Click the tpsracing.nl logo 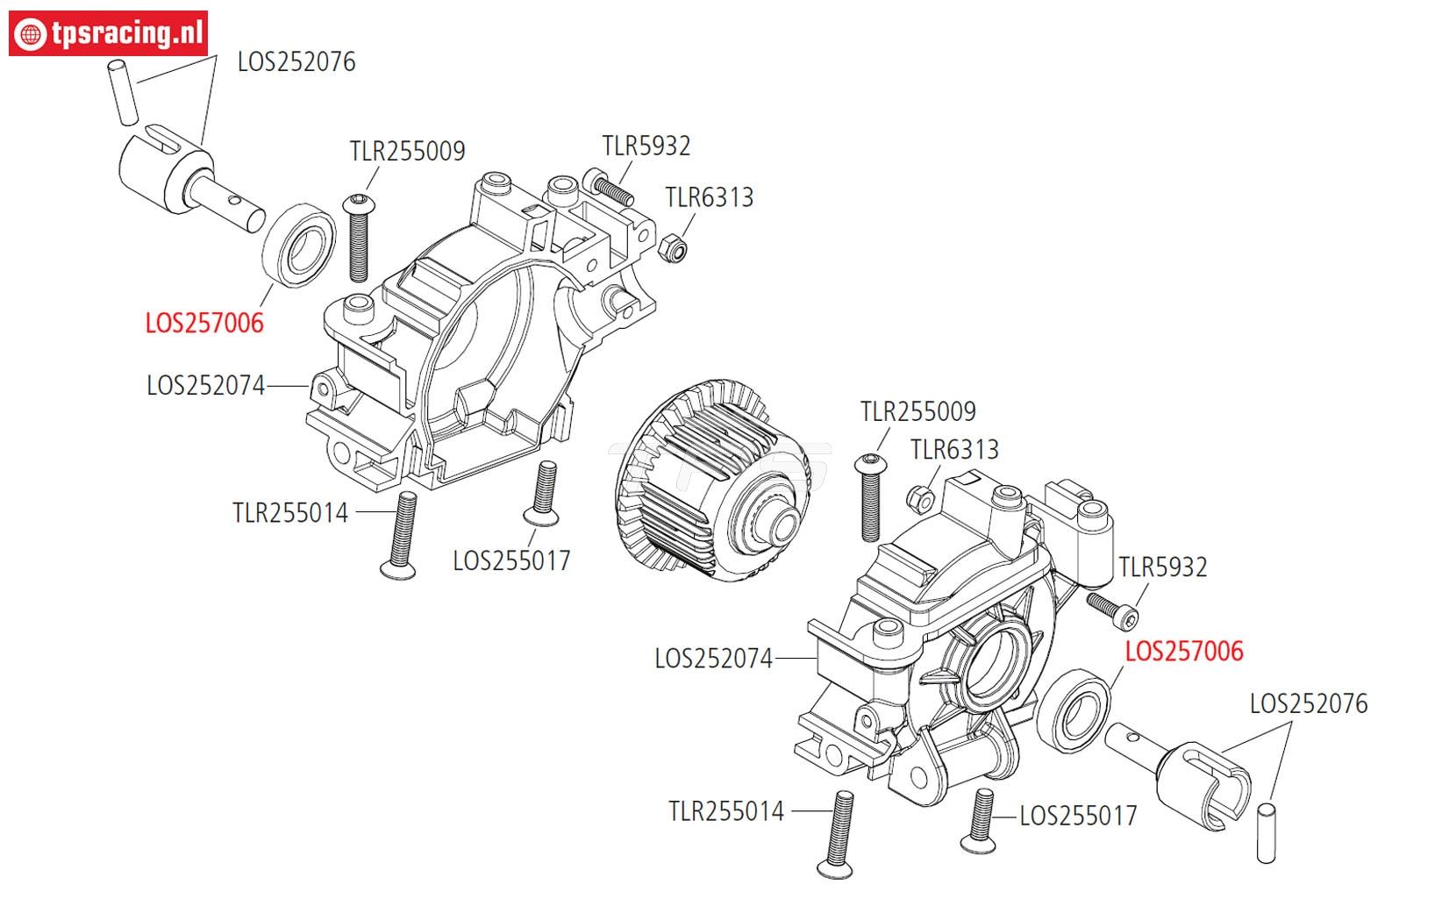[x=109, y=34]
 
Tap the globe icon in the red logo [x=33, y=34]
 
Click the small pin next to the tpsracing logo [x=124, y=91]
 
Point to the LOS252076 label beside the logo [x=296, y=62]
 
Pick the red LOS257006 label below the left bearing [x=204, y=323]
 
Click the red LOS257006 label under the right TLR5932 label [x=1184, y=651]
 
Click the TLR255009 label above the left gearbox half [x=407, y=151]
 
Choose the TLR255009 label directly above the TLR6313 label [x=917, y=411]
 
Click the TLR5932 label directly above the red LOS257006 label [x=1163, y=567]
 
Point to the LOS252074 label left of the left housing [x=205, y=385]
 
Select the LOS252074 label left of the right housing [x=713, y=658]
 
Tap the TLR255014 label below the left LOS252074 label [x=290, y=512]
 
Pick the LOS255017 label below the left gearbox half [x=511, y=560]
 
